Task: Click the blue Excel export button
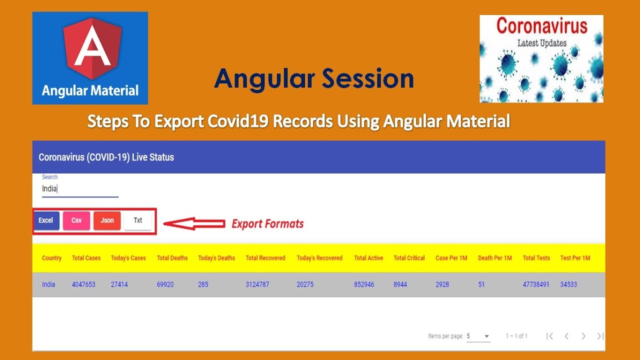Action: [46, 220]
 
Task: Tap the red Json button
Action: [107, 220]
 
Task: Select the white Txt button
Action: [138, 220]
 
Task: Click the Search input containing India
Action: [80, 189]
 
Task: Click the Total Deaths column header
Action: [172, 258]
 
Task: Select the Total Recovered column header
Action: [265, 258]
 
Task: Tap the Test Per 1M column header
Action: [575, 258]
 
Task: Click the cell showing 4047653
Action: [83, 284]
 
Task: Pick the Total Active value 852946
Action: [364, 284]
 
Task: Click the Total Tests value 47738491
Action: [536, 284]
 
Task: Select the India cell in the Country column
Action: [48, 284]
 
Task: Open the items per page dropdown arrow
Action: [486, 336]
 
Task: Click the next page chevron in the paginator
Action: [583, 336]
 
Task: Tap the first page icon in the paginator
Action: [549, 336]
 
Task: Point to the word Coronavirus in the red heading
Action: [541, 26]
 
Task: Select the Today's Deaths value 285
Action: [203, 284]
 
